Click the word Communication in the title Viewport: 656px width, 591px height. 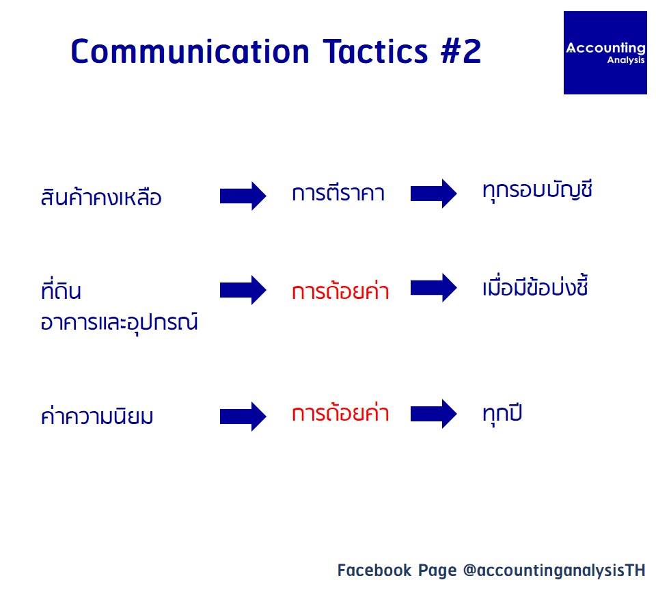(191, 51)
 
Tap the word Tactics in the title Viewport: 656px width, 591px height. (376, 51)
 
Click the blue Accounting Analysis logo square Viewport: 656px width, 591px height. (605, 53)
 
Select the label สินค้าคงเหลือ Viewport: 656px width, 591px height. (101, 196)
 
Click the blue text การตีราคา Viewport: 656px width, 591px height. (338, 193)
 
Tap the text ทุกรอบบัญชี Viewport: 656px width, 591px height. (537, 191)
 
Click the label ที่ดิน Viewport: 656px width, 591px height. (61, 289)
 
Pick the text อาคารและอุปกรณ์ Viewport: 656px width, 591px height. (119, 322)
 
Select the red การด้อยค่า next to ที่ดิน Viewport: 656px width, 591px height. (340, 290)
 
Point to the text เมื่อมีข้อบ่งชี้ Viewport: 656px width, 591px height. (535, 287)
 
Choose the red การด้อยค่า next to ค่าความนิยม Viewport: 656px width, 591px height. (340, 412)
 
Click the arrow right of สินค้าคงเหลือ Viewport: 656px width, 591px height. (243, 196)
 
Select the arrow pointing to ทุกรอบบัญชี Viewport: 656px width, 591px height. (434, 193)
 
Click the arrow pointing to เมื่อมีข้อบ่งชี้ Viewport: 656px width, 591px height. (434, 287)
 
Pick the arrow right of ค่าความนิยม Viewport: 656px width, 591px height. (243, 416)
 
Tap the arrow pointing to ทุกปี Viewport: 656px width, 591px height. (434, 413)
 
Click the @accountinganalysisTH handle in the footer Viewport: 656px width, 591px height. (554, 570)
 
